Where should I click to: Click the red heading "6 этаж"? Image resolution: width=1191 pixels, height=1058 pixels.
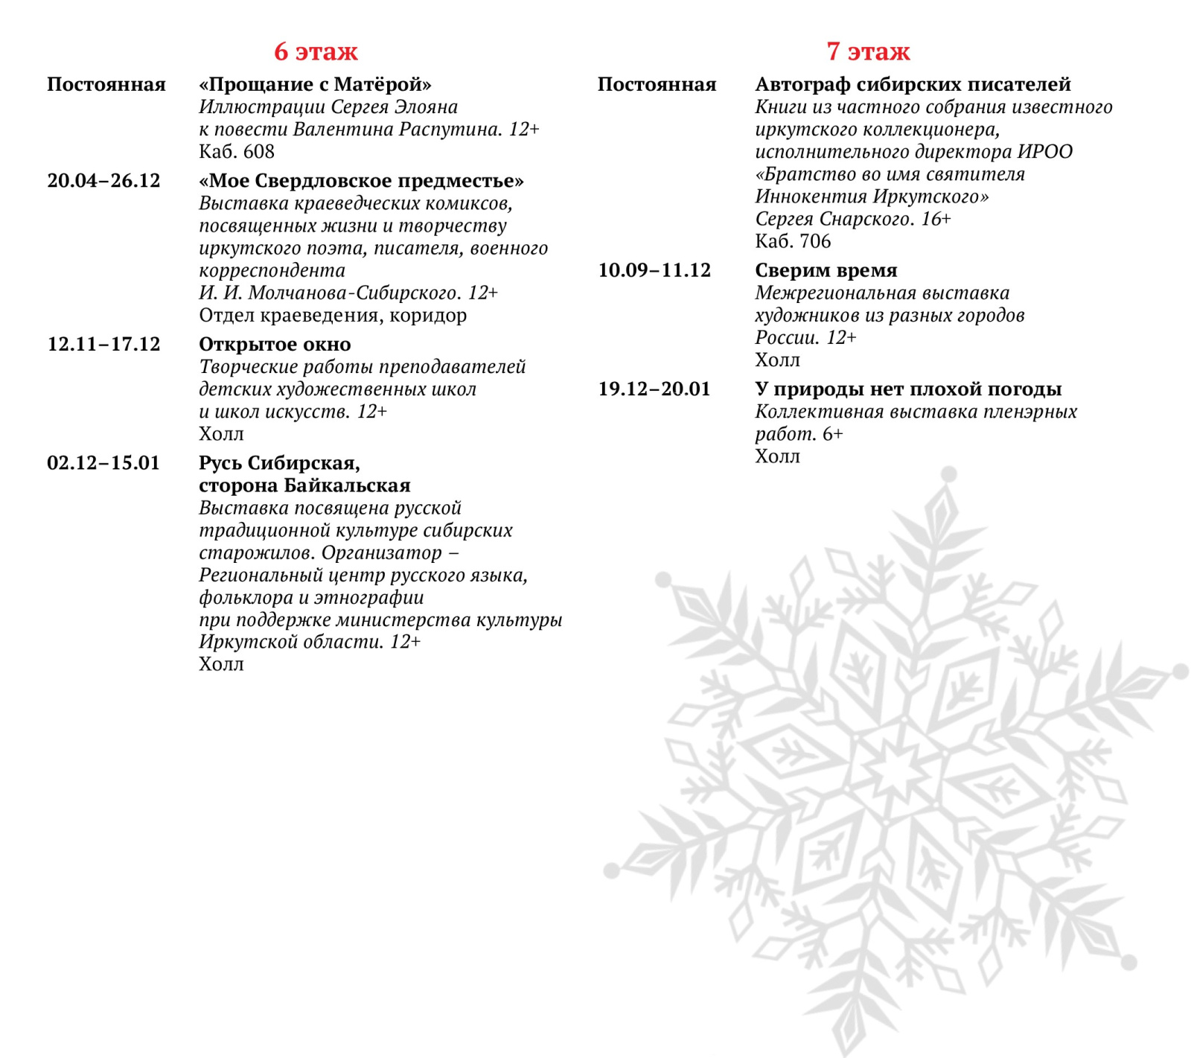coord(316,51)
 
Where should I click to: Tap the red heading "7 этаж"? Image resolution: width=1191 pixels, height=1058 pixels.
coord(868,51)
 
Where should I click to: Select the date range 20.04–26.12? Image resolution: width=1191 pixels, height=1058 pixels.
coord(103,181)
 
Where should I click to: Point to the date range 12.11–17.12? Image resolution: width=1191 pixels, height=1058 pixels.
coord(103,344)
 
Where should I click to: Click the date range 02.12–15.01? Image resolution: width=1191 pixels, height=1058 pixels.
coord(103,463)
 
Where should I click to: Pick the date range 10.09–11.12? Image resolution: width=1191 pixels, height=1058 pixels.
coord(654,270)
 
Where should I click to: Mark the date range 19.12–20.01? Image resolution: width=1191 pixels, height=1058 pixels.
coord(654,389)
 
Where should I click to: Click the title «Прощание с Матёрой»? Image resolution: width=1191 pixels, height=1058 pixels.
coord(315,84)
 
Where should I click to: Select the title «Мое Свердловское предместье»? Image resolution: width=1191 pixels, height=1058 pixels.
coord(361,181)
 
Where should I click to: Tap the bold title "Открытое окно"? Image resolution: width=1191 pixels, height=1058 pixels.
coord(275,344)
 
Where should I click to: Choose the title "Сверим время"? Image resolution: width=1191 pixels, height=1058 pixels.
coord(826,270)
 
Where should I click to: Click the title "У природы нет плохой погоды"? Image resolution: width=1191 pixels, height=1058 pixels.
coord(908,389)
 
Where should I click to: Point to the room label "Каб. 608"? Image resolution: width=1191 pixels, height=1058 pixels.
coord(237,152)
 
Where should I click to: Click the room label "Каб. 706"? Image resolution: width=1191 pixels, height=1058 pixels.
coord(793,241)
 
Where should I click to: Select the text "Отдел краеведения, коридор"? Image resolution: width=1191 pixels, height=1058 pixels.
coord(333,316)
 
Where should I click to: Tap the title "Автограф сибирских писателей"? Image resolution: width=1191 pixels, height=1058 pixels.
coord(913,84)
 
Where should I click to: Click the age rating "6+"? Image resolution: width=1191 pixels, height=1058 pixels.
coord(833,434)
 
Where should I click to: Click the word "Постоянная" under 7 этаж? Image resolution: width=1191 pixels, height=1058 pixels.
coord(657,84)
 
